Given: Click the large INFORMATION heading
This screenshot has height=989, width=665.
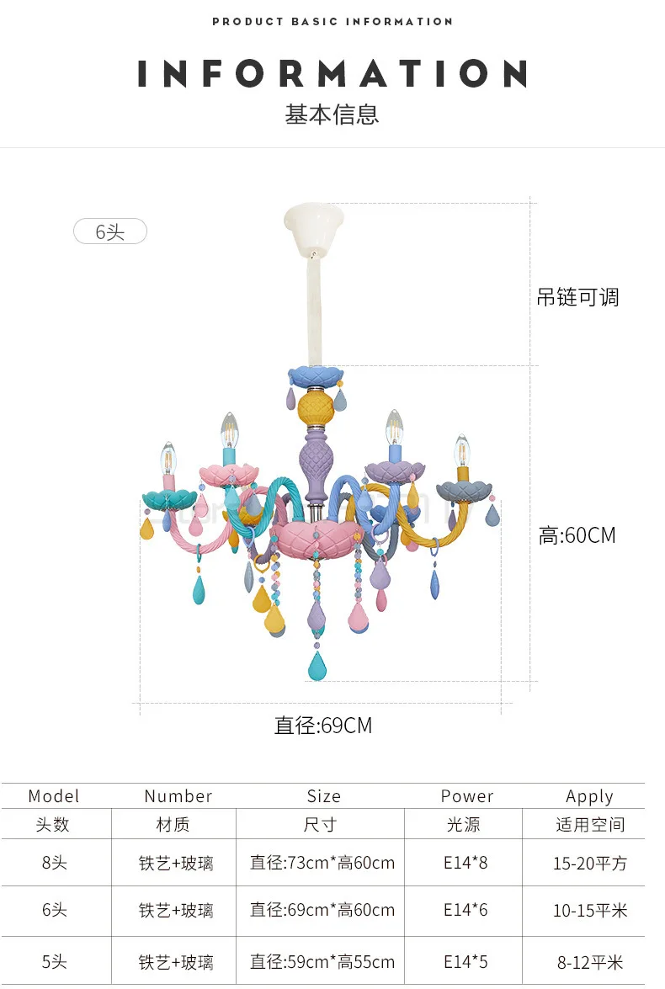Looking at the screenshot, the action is click(x=332, y=74).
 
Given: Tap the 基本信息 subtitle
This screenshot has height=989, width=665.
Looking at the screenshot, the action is click(x=332, y=114).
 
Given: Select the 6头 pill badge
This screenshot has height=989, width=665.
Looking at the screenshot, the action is click(x=110, y=231).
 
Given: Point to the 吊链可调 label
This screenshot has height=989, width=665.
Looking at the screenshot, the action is click(x=577, y=297).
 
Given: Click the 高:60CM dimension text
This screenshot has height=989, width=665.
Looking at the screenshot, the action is click(x=577, y=534).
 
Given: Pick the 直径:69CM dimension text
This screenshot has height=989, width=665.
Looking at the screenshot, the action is click(x=323, y=725).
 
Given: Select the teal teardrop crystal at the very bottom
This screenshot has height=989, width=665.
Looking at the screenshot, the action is click(x=317, y=667).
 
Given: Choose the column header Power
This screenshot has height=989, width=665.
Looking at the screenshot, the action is click(x=467, y=796).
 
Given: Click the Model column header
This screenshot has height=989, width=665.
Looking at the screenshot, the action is click(x=54, y=796).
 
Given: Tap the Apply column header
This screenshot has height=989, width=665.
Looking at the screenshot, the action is click(x=589, y=796).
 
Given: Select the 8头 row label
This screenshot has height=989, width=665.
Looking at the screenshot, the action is click(x=54, y=863).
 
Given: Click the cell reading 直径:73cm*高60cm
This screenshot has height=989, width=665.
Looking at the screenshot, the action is click(x=322, y=863).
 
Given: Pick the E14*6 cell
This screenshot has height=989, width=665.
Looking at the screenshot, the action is click(x=465, y=910).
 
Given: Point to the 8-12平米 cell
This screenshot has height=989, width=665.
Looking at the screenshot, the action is click(x=590, y=962).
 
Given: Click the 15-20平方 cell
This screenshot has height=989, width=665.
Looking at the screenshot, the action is click(x=590, y=863).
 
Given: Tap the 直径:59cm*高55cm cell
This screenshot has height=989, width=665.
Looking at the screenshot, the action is click(x=322, y=962).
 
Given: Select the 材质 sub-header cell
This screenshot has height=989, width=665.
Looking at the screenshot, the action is click(x=173, y=825).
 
